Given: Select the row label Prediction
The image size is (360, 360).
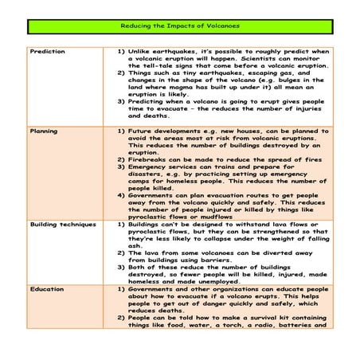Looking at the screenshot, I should click(48, 51).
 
